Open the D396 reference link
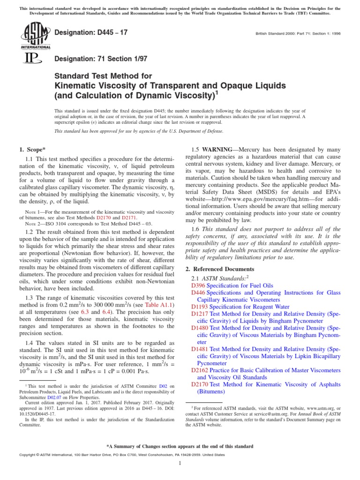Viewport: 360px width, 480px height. [x=199, y=285]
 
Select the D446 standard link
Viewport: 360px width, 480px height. [x=199, y=292]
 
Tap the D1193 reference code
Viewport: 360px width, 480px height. [x=200, y=306]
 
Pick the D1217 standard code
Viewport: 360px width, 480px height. [x=200, y=313]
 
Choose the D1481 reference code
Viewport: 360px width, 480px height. [x=200, y=349]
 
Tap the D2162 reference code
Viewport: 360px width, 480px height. [x=200, y=370]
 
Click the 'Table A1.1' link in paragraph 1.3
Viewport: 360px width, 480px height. [x=160, y=291]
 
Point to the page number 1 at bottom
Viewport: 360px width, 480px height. [x=180, y=464]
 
